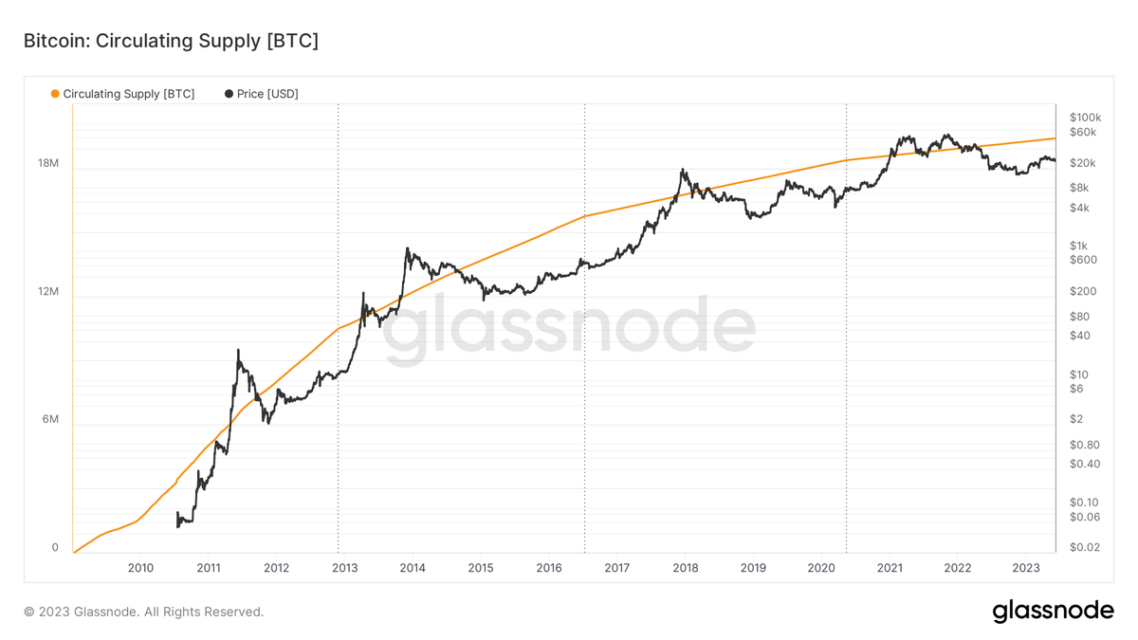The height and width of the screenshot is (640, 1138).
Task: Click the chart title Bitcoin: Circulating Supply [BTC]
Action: [170, 41]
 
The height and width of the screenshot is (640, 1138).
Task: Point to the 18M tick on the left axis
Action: [47, 164]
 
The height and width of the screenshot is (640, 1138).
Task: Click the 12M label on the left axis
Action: [47, 292]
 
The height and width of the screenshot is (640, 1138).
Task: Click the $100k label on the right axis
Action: [1084, 117]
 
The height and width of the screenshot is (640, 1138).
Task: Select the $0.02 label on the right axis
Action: [1084, 548]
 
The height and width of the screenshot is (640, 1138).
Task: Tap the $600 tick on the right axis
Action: [1082, 260]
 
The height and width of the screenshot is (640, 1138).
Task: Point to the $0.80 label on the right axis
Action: [1084, 445]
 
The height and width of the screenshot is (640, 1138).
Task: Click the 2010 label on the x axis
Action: [139, 568]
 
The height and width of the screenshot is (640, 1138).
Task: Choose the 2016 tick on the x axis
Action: [548, 568]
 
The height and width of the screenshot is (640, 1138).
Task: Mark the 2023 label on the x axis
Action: [1026, 568]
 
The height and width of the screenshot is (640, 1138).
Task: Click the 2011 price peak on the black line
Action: [237, 351]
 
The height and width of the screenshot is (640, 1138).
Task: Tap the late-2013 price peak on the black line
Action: [407, 249]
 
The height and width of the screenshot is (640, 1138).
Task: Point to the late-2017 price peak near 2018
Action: [682, 171]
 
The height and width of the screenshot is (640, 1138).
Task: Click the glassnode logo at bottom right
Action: [1053, 612]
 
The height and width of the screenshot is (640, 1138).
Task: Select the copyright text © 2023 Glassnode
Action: [143, 613]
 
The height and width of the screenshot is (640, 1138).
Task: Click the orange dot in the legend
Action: [55, 94]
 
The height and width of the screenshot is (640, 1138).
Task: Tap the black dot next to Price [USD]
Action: [229, 94]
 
